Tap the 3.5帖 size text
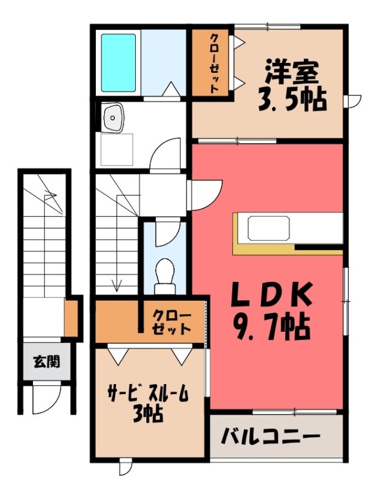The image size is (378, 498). (292, 100)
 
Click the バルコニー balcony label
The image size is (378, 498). (270, 437)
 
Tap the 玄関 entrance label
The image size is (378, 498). (47, 362)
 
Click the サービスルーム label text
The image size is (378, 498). (148, 394)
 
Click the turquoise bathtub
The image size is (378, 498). (118, 63)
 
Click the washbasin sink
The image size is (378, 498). (113, 117)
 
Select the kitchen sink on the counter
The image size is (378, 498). (269, 228)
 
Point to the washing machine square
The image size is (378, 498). (116, 149)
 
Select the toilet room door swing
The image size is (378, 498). (168, 233)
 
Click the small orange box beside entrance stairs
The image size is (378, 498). (71, 317)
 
